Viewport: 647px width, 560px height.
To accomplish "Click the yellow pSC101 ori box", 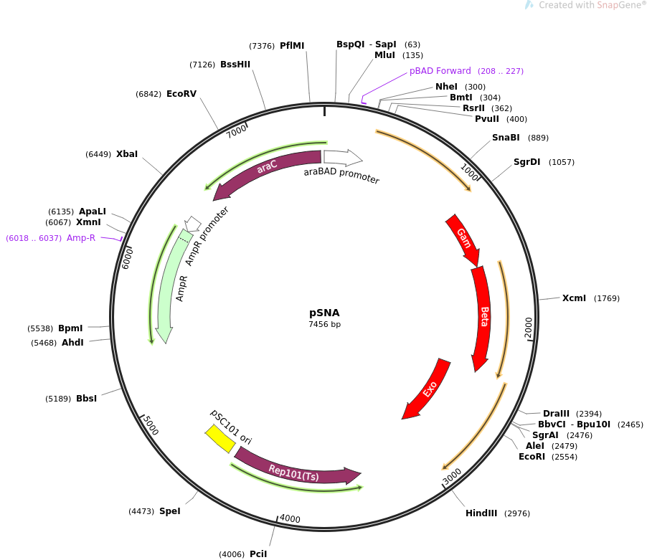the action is [x=220, y=439].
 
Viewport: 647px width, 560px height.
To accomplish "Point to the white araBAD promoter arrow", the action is [x=343, y=157].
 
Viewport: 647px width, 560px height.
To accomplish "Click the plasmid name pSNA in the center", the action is [x=324, y=313].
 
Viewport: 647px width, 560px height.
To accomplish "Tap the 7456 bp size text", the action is [x=325, y=324].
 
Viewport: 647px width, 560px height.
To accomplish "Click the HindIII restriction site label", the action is [x=481, y=513].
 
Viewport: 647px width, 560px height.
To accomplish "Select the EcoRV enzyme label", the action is [x=181, y=94].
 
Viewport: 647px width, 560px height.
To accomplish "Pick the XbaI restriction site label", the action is [x=127, y=154].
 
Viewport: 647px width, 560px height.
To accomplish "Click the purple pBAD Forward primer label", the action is [x=440, y=71].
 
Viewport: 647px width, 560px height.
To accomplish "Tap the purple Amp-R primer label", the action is [x=81, y=238].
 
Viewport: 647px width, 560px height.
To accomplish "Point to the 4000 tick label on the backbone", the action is [x=290, y=518].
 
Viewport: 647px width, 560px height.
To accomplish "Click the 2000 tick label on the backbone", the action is [x=529, y=328].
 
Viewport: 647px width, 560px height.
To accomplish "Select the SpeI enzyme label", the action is [x=170, y=511].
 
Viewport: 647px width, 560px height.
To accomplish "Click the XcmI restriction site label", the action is [x=574, y=298].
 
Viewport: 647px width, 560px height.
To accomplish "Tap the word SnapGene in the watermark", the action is [x=618, y=5].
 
